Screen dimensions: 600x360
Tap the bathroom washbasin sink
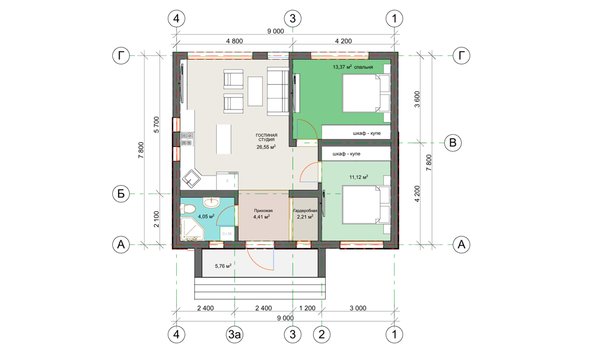click(x=211, y=202)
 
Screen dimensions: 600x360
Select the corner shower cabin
click(x=192, y=229)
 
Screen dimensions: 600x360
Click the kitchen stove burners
click(x=187, y=139)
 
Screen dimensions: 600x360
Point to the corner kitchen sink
click(x=191, y=179)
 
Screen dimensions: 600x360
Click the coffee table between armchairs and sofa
click(x=255, y=91)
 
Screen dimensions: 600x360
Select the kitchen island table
click(x=224, y=139)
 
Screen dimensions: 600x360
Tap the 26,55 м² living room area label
click(x=266, y=147)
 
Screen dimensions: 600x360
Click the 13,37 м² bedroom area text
click(x=342, y=67)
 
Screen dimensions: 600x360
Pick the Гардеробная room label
click(x=305, y=211)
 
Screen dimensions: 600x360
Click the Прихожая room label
click(x=263, y=211)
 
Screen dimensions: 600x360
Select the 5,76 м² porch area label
click(x=223, y=266)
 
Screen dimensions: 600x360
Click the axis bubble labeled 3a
click(x=234, y=334)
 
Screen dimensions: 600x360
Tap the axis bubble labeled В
click(x=453, y=142)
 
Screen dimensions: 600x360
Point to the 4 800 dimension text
click(x=234, y=41)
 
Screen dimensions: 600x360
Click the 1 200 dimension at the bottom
click(x=307, y=308)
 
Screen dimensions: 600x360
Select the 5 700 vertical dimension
click(x=156, y=125)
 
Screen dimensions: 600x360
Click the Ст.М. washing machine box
click(x=227, y=234)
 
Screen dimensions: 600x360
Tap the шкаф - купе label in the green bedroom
click(x=367, y=133)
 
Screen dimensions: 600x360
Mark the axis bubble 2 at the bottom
click(x=321, y=334)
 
